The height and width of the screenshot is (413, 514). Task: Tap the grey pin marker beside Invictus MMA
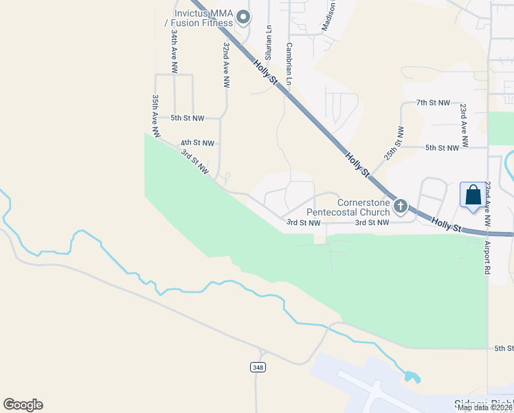coord(242,17)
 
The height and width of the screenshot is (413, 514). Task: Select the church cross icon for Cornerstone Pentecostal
coord(401,205)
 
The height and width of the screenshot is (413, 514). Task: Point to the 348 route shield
coord(258,368)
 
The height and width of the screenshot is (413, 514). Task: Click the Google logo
coord(23,405)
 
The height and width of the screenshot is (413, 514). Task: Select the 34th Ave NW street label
coord(175,52)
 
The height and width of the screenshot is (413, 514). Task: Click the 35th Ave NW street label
coord(156,115)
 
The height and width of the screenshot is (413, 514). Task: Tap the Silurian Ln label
coord(269,43)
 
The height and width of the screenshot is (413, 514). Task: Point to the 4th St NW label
coord(197,143)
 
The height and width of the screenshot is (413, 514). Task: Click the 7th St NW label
coord(433,103)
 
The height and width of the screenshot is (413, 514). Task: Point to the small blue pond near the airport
coord(412,377)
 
